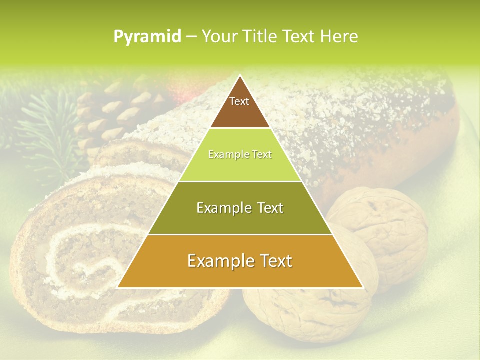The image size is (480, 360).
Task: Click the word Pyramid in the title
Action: tap(147, 37)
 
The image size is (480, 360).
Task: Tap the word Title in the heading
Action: tap(260, 36)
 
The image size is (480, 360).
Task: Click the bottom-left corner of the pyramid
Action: tap(118, 287)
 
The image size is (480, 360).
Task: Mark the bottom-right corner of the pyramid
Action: tap(363, 287)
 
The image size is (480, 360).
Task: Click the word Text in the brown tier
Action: tap(239, 101)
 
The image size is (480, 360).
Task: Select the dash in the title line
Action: tap(191, 37)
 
